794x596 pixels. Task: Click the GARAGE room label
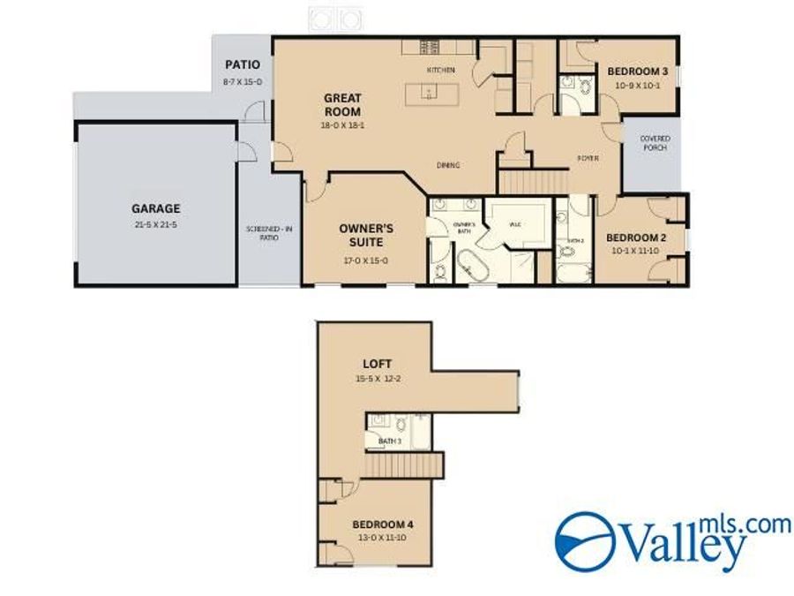[x=155, y=209]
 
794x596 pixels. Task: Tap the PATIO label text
[x=243, y=64]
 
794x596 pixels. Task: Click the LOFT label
[x=377, y=363]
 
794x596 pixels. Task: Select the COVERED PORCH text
[x=655, y=143]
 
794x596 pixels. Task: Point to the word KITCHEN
[x=440, y=70]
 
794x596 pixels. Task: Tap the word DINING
[x=448, y=165]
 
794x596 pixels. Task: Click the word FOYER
[x=588, y=158]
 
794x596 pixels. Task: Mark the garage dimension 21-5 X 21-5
[x=155, y=226]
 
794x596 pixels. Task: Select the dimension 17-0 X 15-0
[x=365, y=260]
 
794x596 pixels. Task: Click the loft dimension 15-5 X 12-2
[x=377, y=379]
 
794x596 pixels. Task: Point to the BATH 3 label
[x=390, y=441]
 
